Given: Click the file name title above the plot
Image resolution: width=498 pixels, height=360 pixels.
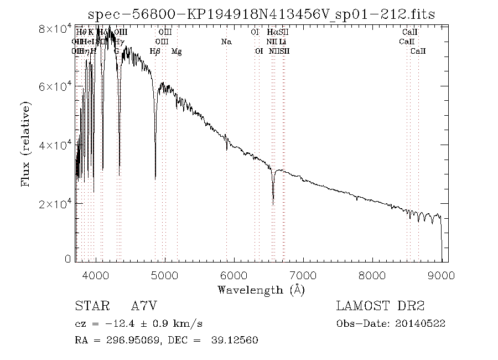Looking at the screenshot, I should pyautogui.click(x=262, y=14).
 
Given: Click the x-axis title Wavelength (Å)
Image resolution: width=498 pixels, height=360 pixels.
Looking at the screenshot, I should pyautogui.click(x=261, y=289).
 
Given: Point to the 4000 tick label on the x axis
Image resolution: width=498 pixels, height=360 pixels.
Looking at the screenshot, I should pyautogui.click(x=96, y=274).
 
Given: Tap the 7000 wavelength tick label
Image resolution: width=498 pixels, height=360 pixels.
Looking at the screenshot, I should pyautogui.click(x=303, y=274).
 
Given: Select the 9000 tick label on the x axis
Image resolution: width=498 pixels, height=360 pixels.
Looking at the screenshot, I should pyautogui.click(x=441, y=274).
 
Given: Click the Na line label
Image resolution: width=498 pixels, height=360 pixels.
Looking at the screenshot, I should pyautogui.click(x=226, y=42).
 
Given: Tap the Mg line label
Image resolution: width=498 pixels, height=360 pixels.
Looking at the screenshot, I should pyautogui.click(x=177, y=52).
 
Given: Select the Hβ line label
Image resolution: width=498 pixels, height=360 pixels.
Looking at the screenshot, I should pyautogui.click(x=155, y=52).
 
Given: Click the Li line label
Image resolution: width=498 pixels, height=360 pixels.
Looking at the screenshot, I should pyautogui.click(x=283, y=42).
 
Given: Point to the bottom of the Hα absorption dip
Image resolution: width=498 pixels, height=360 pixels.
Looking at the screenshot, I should pyautogui.click(x=273, y=203).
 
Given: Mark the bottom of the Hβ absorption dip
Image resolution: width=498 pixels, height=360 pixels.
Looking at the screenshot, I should pyautogui.click(x=155, y=178).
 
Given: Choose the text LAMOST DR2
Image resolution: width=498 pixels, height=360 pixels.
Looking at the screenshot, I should pyautogui.click(x=380, y=306).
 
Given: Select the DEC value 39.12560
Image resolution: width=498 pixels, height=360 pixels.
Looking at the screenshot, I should pyautogui.click(x=235, y=340).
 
